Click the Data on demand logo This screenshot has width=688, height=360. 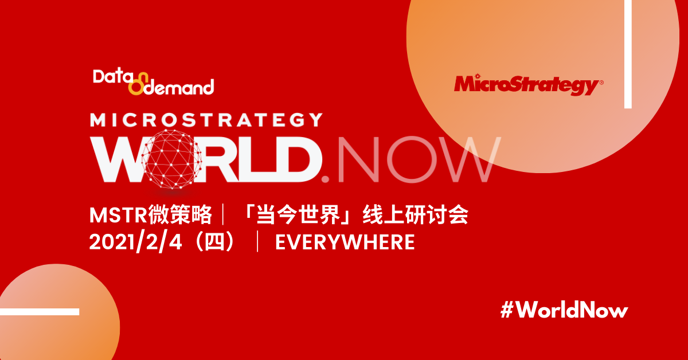[x=153, y=82]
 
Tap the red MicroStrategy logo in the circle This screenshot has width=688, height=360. [x=528, y=84]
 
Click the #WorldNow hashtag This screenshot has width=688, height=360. [x=564, y=310]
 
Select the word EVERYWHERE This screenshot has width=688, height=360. [x=345, y=242]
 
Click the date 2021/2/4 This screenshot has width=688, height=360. [x=135, y=242]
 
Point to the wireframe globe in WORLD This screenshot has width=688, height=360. [x=171, y=159]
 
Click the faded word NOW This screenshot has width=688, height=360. [x=419, y=159]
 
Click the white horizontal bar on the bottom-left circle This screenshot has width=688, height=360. [x=40, y=312]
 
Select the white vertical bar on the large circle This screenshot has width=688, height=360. [x=628, y=54]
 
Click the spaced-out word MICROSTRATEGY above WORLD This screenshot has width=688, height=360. [x=206, y=120]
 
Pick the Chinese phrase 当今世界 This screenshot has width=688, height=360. [x=299, y=215]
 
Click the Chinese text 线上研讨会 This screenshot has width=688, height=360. [x=415, y=215]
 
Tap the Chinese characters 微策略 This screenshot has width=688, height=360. [x=180, y=215]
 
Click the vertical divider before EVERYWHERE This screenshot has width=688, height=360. [x=257, y=242]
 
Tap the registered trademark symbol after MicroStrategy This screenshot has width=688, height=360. [x=601, y=83]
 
